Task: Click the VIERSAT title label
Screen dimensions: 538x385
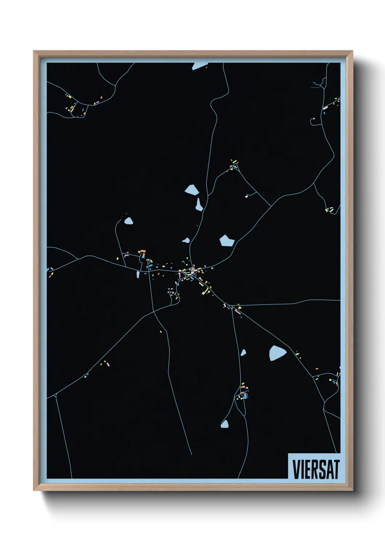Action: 315,469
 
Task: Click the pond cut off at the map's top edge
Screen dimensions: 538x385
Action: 199,66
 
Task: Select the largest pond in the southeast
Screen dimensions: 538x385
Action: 277,353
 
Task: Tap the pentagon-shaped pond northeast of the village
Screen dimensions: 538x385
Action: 227,240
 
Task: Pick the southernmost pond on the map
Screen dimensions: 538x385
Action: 225,424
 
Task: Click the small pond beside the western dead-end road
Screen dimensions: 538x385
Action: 128,221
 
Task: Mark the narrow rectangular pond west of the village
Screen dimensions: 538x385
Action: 138,275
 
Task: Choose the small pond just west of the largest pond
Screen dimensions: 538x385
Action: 243,352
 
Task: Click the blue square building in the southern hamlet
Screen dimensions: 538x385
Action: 245,396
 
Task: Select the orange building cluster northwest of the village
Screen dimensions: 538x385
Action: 142,252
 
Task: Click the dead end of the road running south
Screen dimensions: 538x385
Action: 191,454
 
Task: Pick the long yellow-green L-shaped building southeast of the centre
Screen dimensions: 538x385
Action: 207,290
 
